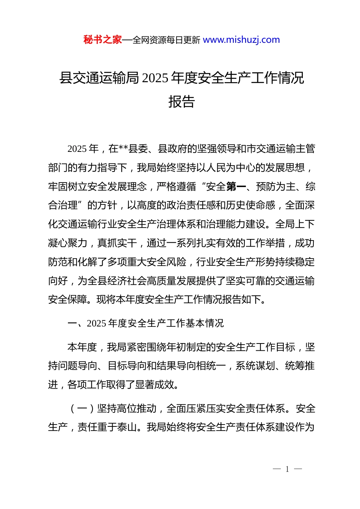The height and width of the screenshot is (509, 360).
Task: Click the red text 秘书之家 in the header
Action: tap(102, 40)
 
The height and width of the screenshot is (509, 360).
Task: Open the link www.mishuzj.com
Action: tap(241, 40)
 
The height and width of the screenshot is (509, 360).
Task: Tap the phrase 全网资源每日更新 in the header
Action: tap(166, 40)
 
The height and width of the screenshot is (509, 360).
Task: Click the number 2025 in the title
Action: tap(156, 78)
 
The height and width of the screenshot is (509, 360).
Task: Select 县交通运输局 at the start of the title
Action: tap(99, 78)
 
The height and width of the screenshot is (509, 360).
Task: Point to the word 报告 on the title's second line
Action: tap(182, 101)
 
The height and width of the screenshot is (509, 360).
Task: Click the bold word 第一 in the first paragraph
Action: tap(236, 186)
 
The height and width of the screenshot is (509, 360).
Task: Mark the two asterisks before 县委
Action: tap(124, 149)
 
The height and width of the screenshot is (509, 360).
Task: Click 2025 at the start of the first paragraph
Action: tap(77, 149)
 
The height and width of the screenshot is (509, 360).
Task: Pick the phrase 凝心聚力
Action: tap(68, 243)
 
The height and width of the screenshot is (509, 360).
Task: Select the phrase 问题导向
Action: tap(78, 366)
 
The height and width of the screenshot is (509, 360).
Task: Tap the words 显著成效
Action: tap(155, 385)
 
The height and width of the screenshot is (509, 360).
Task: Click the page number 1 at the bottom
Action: tap(287, 469)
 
